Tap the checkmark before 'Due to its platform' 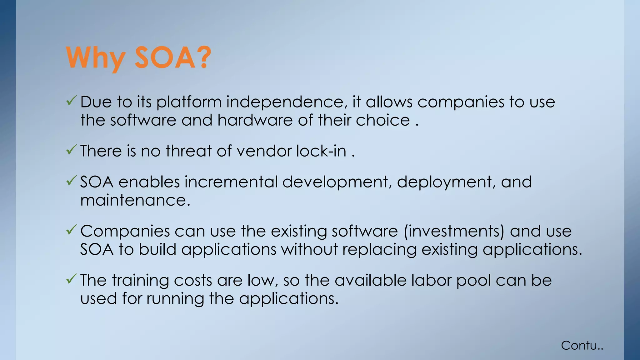tap(72, 101)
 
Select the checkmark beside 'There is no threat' tap(72, 150)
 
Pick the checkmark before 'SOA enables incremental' tap(72, 181)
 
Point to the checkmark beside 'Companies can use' tap(72, 230)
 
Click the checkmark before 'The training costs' tap(72, 279)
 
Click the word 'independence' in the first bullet tap(284, 102)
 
